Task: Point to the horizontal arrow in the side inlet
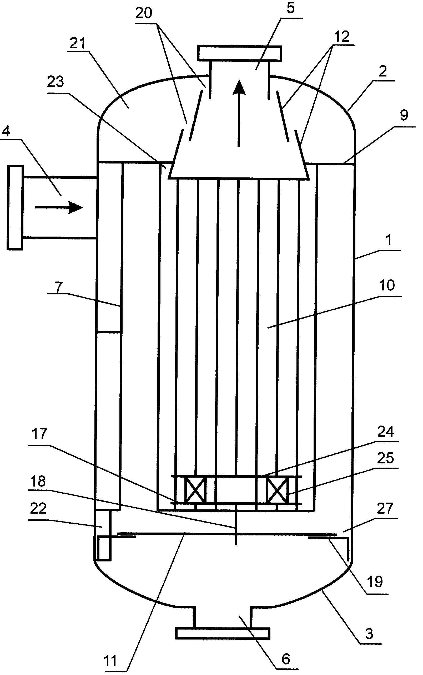(x=59, y=207)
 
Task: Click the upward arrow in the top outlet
(x=239, y=113)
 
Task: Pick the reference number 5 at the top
(x=291, y=8)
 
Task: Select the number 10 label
(x=387, y=285)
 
